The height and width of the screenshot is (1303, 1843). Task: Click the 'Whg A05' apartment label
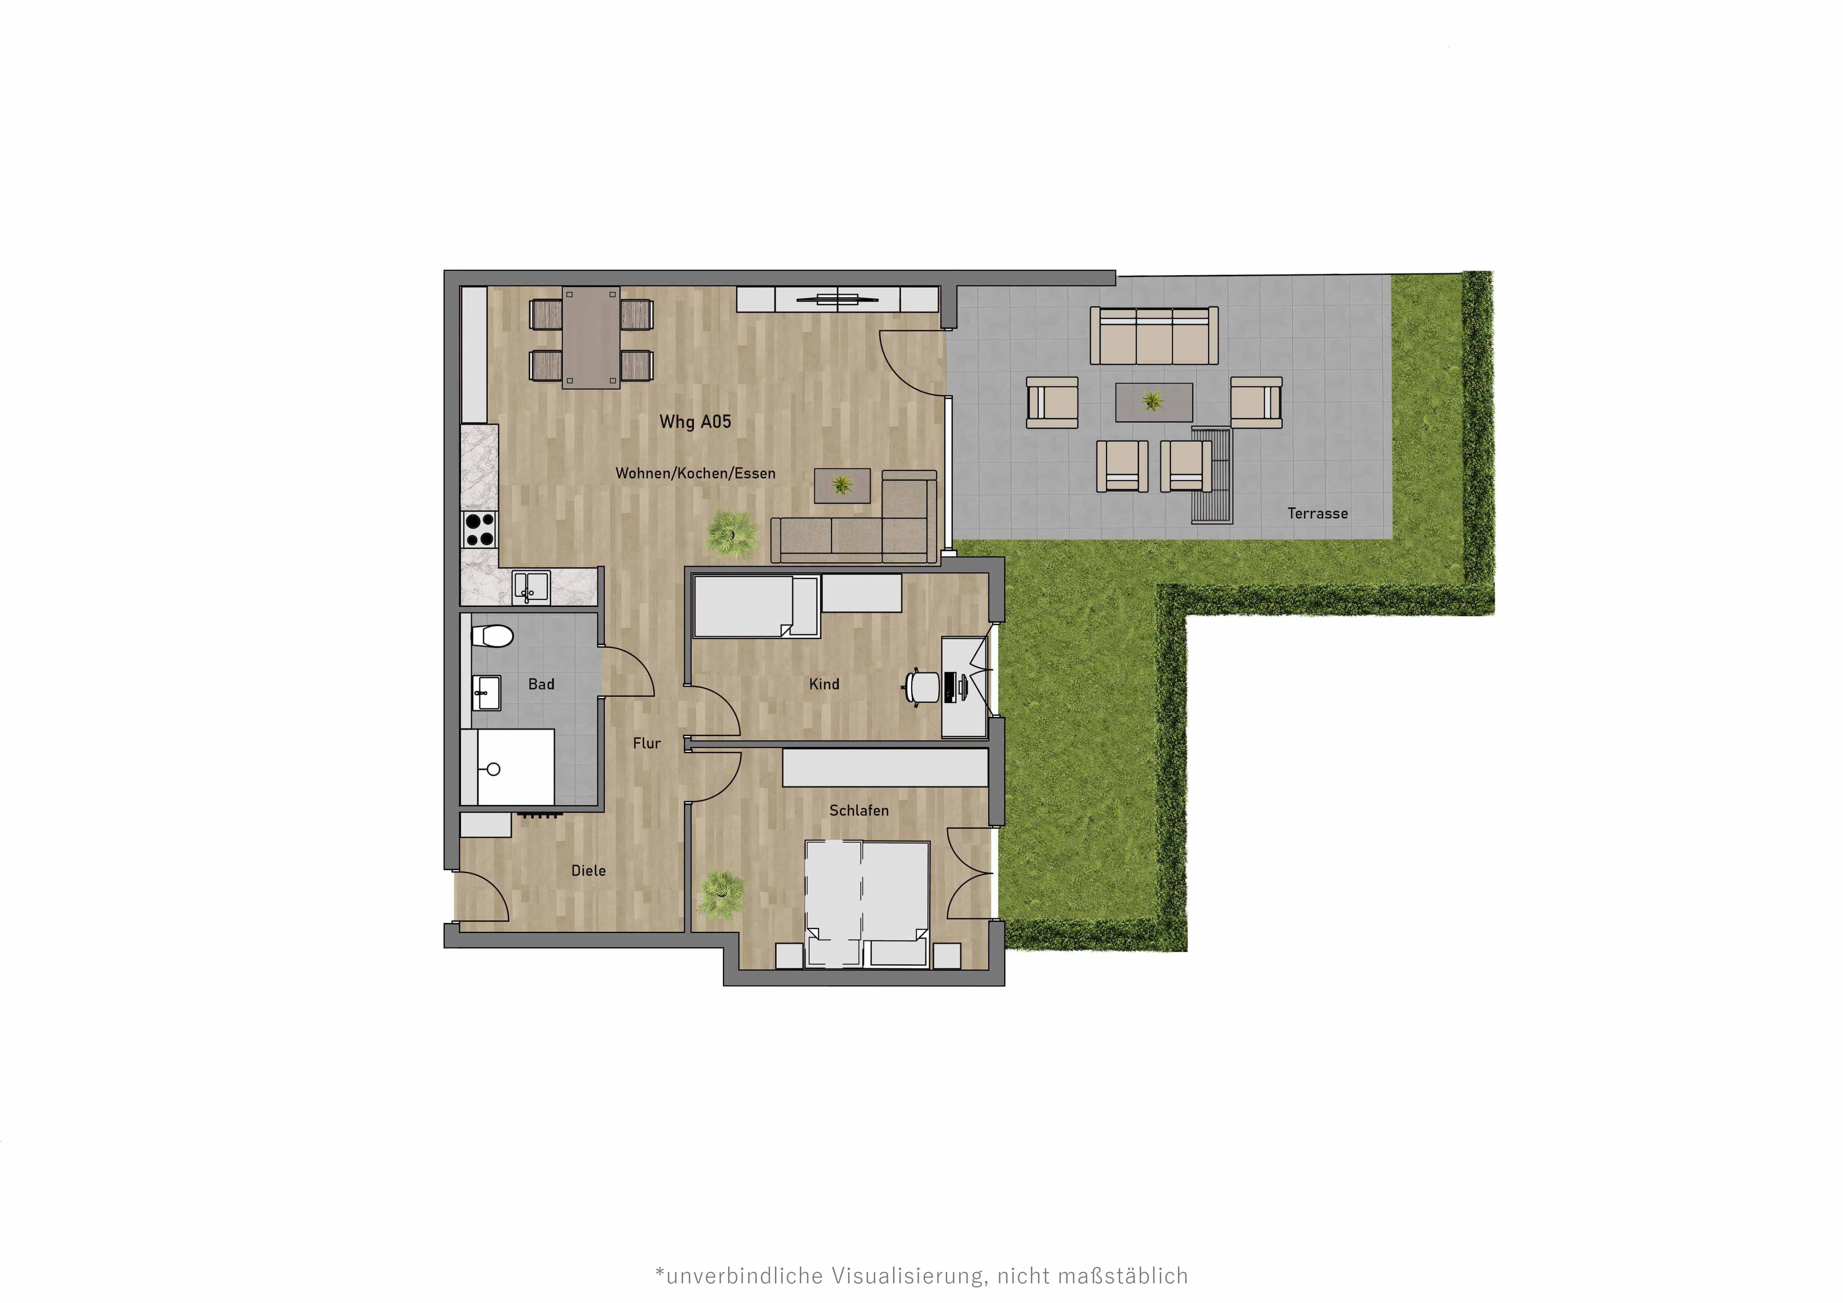click(695, 422)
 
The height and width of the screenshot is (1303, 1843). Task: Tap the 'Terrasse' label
click(1317, 513)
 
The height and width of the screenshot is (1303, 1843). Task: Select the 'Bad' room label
click(541, 685)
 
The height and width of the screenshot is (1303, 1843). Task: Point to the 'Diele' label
click(588, 871)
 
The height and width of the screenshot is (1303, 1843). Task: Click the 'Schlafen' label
click(859, 810)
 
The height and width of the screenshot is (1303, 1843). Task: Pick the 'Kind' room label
click(824, 685)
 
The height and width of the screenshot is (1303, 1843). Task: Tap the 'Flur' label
click(646, 744)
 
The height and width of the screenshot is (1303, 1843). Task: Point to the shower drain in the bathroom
click(494, 770)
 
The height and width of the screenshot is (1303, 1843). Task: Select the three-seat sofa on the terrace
click(1154, 335)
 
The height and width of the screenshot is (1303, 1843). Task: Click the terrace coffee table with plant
click(1154, 401)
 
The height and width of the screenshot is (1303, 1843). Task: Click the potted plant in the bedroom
click(720, 894)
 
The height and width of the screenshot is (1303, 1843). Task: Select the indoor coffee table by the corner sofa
click(842, 485)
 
